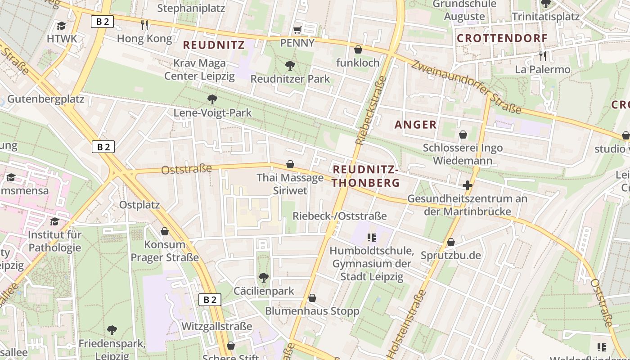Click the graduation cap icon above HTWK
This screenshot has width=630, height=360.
click(62, 26)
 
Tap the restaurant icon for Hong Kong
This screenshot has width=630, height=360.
click(144, 25)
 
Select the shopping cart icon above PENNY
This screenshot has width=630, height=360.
click(297, 30)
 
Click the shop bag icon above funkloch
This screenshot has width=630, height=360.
click(358, 49)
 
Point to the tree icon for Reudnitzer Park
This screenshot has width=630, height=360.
click(290, 66)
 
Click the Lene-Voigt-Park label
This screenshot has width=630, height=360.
click(212, 112)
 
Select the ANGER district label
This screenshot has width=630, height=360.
click(415, 125)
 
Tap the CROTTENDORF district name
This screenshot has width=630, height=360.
click(502, 38)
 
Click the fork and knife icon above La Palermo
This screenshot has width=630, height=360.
click(543, 56)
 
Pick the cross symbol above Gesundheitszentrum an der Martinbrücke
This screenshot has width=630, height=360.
click(468, 185)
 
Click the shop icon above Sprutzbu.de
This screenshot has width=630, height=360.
click(451, 243)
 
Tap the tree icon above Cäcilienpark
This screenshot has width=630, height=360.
click(264, 278)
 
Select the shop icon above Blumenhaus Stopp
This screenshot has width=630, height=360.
click(312, 298)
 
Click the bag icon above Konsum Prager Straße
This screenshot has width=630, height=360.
click(165, 231)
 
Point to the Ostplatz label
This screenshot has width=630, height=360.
click(139, 205)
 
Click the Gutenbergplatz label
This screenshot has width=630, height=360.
click(46, 99)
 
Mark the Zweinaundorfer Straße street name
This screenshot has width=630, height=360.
click(466, 87)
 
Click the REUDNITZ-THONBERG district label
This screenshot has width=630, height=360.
click(366, 176)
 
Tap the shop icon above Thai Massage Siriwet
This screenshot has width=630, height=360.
click(290, 165)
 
